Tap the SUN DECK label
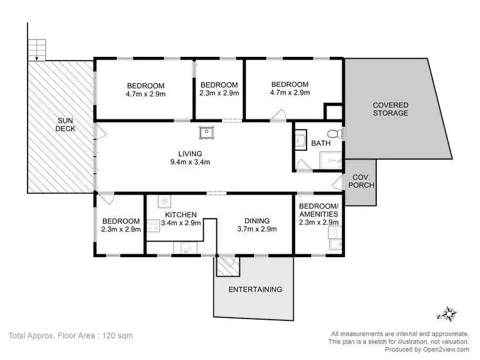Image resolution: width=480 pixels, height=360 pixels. click(x=66, y=124)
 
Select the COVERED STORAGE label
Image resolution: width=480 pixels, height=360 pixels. click(x=390, y=109)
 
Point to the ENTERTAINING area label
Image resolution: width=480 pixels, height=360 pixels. click(x=256, y=289)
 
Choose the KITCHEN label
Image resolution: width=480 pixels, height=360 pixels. click(x=180, y=215)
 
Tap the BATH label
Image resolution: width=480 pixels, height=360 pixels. click(x=321, y=143)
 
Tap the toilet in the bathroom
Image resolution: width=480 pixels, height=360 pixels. click(x=339, y=134)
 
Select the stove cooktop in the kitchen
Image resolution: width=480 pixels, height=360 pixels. click(x=154, y=225)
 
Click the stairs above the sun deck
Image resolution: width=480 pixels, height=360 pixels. click(x=36, y=47)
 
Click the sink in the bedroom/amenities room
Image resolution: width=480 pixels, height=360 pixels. click(x=333, y=244)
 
